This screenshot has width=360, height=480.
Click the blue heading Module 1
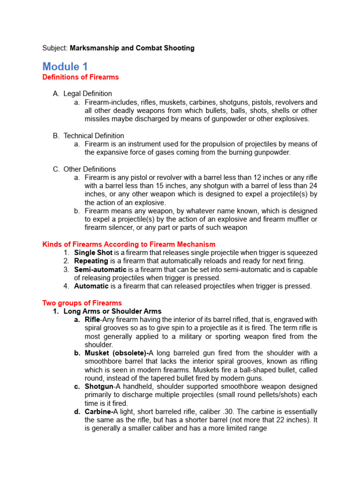point(65,66)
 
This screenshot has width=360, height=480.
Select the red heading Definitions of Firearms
point(81,77)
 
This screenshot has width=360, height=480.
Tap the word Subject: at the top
point(55,48)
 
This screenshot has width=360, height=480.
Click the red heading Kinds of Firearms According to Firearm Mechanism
point(129,244)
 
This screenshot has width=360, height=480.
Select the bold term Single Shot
point(93,253)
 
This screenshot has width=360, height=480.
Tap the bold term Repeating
point(91,261)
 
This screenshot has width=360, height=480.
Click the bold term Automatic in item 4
point(91,286)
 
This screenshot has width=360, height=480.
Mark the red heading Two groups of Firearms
point(82,303)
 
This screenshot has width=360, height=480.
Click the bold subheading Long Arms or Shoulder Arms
point(112,311)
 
